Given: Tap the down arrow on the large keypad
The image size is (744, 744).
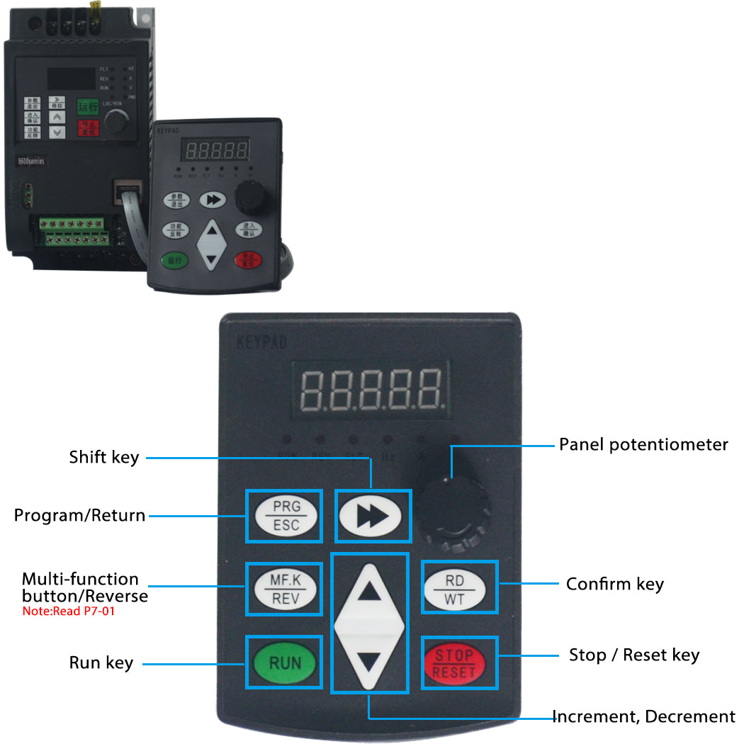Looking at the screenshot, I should (x=369, y=663).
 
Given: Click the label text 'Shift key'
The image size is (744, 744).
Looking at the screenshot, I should (x=103, y=457).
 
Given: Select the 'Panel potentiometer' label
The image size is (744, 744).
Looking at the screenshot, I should (x=643, y=445).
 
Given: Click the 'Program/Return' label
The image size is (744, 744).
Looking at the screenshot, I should (x=79, y=516).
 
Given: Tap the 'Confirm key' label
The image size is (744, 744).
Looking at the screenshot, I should (x=614, y=585).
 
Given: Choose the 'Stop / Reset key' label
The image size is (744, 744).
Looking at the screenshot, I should (x=634, y=655).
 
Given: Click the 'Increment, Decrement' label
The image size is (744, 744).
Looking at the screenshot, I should (x=643, y=717).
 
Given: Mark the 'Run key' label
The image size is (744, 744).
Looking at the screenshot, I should (x=101, y=663).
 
